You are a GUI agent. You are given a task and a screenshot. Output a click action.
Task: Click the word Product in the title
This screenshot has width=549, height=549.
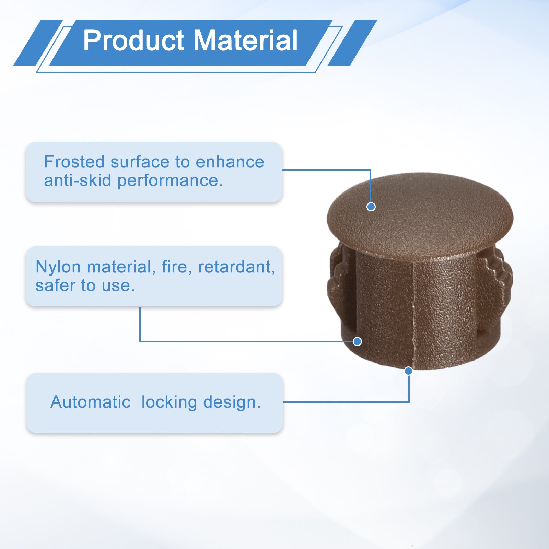(134, 41)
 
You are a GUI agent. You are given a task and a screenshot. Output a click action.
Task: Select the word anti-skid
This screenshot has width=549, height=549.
(78, 180)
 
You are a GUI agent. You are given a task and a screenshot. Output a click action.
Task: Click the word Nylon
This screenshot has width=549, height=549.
(58, 267)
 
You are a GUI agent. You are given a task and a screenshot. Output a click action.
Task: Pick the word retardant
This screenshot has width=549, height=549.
(236, 267)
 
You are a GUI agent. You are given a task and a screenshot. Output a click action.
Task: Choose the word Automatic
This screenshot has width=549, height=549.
(91, 402)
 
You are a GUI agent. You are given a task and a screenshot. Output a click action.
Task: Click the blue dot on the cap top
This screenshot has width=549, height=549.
(371, 207)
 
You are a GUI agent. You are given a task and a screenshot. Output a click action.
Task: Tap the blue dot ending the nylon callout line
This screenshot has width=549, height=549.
(357, 341)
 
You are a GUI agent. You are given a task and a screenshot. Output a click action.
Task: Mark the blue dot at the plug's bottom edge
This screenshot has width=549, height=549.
(408, 371)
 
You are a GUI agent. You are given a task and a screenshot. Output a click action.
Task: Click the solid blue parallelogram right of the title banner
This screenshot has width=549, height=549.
(352, 43)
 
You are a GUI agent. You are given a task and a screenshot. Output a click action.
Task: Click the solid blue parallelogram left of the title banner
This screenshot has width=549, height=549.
(38, 43)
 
